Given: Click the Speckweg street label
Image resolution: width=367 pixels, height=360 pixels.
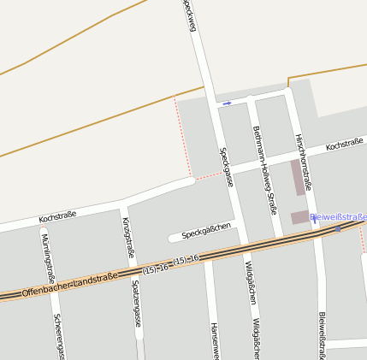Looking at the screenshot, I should point(190,16).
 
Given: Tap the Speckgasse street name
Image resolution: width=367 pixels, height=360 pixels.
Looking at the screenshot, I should point(228,167).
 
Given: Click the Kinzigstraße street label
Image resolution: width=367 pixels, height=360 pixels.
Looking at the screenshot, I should point(128,237).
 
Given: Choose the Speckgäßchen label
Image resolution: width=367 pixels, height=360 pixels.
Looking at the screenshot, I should point(206,231).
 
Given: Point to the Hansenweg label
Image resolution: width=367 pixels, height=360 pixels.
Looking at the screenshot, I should point(214,340).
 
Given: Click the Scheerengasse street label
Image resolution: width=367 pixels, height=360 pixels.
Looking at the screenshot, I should point(58,335).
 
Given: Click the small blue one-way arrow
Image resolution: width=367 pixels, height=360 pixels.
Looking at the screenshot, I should point(227,103).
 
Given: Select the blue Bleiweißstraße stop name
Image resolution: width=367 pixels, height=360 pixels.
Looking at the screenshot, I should point(339,217).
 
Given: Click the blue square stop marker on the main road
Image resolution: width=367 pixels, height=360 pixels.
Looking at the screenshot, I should point(338,229).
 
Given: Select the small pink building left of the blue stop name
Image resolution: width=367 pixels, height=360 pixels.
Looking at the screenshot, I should point(299,217).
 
